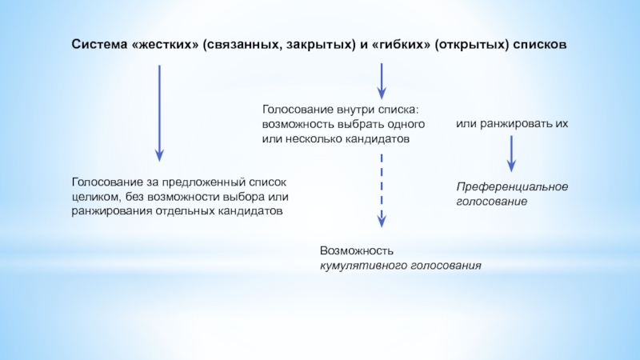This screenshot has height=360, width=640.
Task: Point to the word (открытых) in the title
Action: tap(470, 45)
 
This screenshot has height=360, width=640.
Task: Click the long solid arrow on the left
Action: tap(159, 112)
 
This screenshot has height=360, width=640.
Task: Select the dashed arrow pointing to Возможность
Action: tap(382, 190)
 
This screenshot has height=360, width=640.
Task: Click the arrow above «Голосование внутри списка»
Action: tap(382, 82)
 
